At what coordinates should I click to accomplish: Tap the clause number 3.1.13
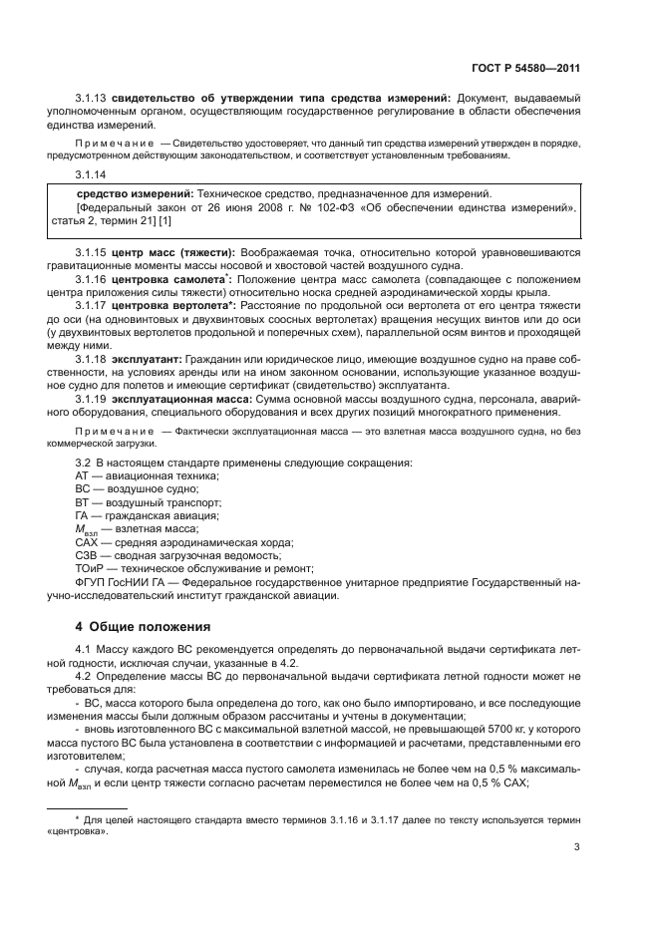pyautogui.click(x=92, y=98)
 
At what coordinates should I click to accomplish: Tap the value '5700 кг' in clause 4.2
pyautogui.click(x=494, y=730)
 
